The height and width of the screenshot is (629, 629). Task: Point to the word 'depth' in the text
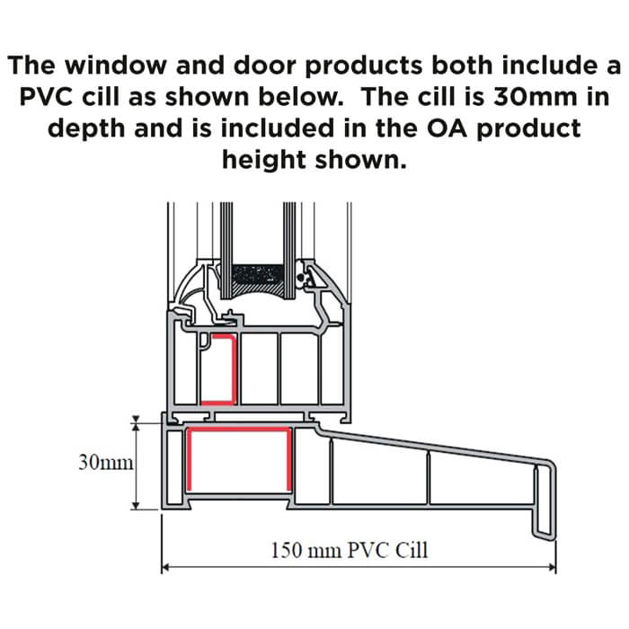click(96, 128)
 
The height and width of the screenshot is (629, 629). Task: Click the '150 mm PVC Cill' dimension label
click(350, 549)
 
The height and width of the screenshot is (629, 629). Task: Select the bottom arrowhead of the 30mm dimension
click(136, 505)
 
